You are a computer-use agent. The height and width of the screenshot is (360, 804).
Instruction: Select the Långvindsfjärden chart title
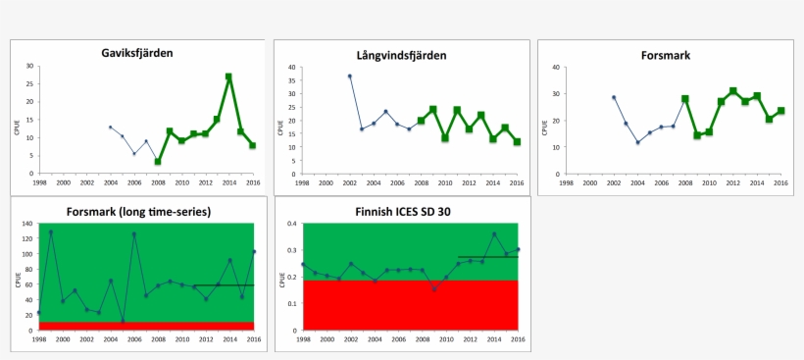[x=402, y=55]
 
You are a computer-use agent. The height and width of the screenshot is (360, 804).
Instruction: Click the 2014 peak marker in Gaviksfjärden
[x=228, y=77]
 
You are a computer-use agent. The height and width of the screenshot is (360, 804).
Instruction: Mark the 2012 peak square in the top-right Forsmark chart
[x=732, y=91]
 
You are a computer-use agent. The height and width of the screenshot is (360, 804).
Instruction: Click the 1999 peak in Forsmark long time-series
[x=50, y=232]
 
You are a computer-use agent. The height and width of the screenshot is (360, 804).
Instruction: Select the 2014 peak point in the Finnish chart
[x=494, y=234]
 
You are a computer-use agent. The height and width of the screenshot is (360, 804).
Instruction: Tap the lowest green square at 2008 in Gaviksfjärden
[x=158, y=161]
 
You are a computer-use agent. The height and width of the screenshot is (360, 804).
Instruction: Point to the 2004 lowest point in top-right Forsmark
[x=637, y=142]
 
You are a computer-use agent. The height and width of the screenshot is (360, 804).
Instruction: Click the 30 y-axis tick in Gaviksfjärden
[x=30, y=67]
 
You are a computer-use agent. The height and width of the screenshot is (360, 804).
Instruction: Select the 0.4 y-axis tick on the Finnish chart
[x=291, y=224]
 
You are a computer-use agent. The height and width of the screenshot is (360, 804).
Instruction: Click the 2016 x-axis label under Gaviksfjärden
[x=252, y=182]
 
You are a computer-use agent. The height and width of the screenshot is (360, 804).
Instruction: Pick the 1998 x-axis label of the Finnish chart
[x=303, y=339]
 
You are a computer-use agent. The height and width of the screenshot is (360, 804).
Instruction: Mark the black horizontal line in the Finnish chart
[x=487, y=257]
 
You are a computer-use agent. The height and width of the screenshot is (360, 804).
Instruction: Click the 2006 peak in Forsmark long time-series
[x=133, y=234]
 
